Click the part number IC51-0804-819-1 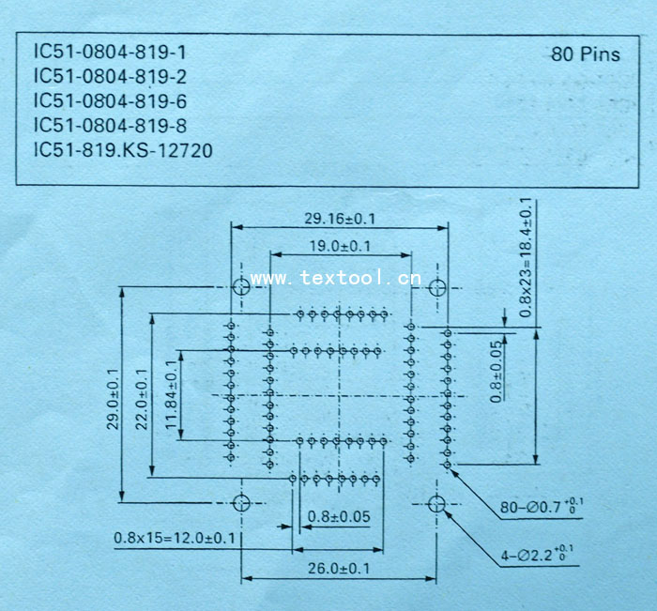[x=110, y=52]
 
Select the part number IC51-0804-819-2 [x=110, y=76]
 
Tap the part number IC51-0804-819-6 [x=110, y=100]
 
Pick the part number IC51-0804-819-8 [x=110, y=125]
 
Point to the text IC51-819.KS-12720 [x=123, y=150]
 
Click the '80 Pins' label [x=586, y=54]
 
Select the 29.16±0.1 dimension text [x=340, y=218]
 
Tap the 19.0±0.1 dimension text [x=339, y=246]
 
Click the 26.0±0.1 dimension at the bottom [x=340, y=569]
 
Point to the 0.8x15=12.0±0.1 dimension [x=175, y=538]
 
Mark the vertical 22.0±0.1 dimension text [x=142, y=397]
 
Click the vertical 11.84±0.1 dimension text [x=170, y=394]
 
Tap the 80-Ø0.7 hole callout [x=542, y=507]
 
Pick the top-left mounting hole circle [x=241, y=286]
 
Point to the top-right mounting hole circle [x=436, y=286]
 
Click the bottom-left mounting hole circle [x=241, y=503]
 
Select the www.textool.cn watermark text [x=336, y=278]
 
